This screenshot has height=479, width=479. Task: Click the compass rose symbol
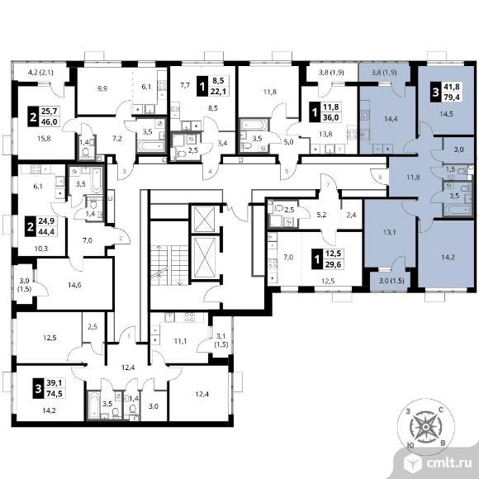(425, 427)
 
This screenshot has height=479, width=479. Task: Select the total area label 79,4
(452, 97)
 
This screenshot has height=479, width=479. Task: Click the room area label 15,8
(44, 139)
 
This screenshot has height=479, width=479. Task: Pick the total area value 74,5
(55, 394)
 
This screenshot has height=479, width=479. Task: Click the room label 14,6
(74, 285)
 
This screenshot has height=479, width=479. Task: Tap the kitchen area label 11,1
(180, 341)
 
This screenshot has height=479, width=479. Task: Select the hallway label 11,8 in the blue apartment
(413, 177)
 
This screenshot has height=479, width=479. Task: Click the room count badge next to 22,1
(202, 86)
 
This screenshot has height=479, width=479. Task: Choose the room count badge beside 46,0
(33, 116)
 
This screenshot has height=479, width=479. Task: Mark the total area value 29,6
(333, 264)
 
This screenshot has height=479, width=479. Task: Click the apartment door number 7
(328, 185)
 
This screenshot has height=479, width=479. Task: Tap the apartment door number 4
(210, 172)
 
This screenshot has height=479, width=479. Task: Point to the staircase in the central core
(169, 264)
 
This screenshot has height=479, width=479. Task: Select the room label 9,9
(102, 89)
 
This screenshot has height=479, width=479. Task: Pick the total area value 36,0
(331, 117)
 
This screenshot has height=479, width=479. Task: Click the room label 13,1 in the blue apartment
(389, 232)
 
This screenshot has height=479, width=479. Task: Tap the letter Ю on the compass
(411, 445)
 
